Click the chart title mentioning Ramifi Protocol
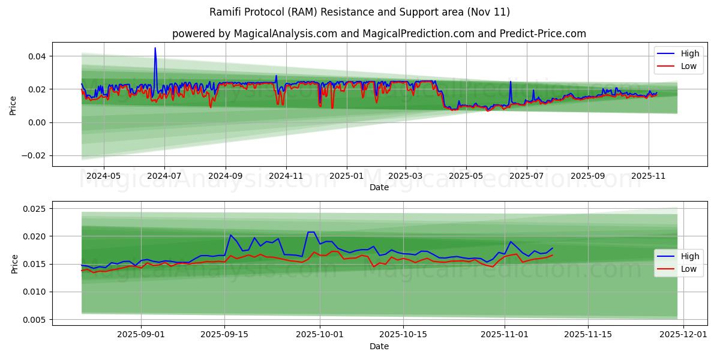coord(359,12)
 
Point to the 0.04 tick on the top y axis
coord(37,56)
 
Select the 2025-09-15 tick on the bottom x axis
coord(224,335)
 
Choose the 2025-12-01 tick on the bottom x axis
coord(684,335)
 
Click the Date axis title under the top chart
coord(379,188)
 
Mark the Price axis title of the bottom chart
coord(14,263)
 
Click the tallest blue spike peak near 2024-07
coord(155,48)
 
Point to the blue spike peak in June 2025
coord(511,82)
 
